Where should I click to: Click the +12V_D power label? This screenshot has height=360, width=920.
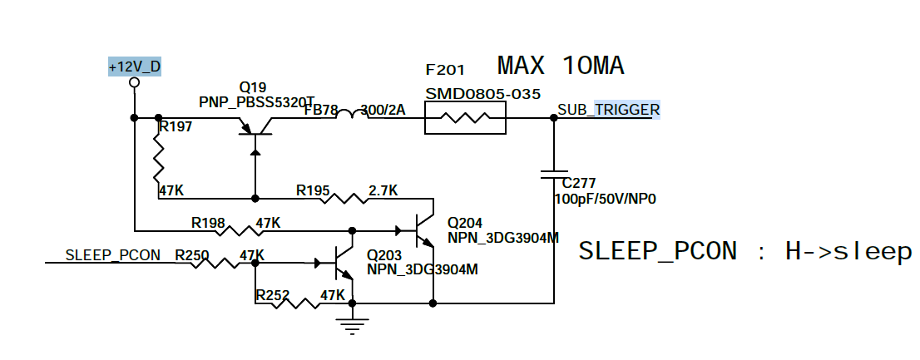[134, 67]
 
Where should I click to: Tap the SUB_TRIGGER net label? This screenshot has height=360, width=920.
[608, 110]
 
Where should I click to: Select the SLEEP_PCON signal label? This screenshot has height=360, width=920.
[112, 254]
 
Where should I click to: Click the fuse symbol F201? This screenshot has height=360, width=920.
[465, 123]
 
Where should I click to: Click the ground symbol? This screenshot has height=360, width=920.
[353, 324]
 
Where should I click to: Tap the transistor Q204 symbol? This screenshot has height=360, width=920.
[423, 229]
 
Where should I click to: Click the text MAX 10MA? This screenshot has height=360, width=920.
[561, 65]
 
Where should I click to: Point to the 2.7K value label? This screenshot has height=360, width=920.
[382, 191]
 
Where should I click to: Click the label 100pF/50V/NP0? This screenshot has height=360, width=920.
[601, 200]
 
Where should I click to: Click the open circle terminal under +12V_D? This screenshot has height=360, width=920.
[134, 83]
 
